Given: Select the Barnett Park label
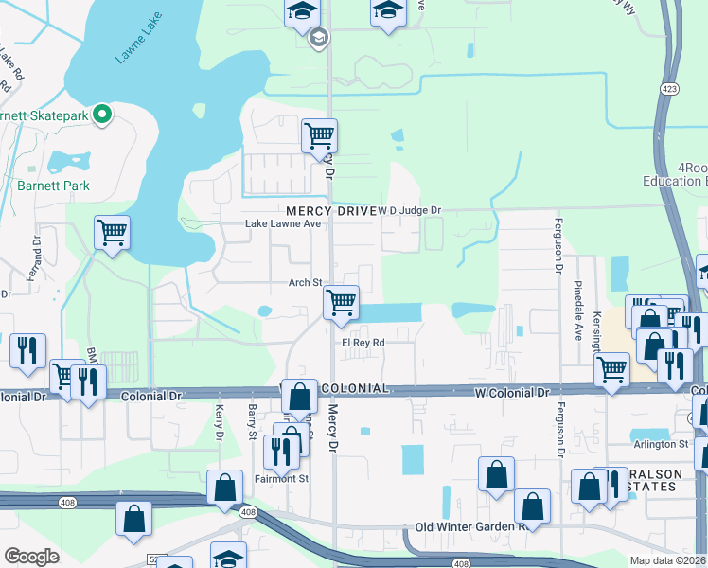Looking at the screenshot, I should coord(53,186).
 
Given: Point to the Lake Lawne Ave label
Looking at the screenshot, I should coord(284,224).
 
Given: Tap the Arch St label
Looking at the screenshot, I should coord(306,282).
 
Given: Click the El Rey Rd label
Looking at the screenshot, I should coord(363,343).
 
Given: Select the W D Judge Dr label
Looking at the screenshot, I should coord(409,210).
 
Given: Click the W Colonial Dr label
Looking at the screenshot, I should coord(516,391).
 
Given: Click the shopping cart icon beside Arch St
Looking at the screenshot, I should coord(341,303).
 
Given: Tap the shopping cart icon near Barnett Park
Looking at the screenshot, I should coord(112,233).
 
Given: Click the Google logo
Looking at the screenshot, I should coord(31,557).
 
